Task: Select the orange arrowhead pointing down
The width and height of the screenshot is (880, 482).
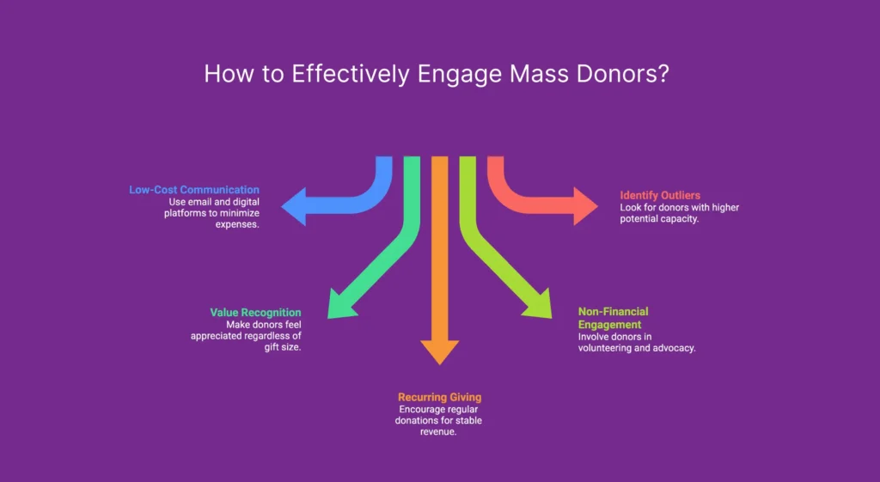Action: (439, 351)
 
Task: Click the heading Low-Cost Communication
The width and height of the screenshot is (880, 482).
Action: (194, 189)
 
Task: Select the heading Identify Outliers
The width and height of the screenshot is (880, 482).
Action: (660, 196)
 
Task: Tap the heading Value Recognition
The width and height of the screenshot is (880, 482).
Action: (255, 313)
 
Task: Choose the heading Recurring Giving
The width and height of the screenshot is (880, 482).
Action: (439, 397)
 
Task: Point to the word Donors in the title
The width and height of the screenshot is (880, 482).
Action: (621, 74)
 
